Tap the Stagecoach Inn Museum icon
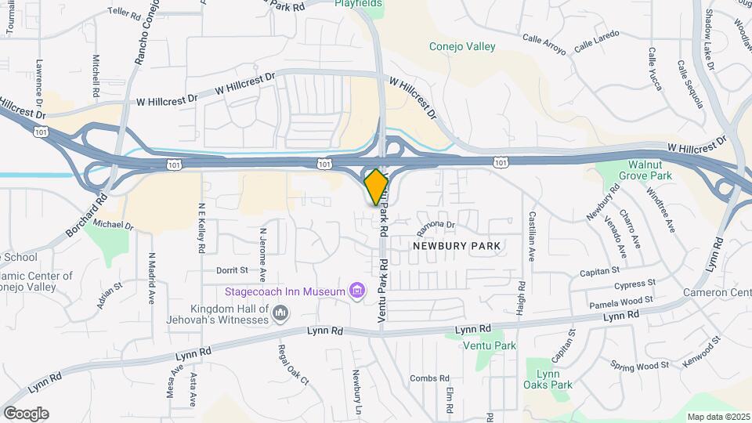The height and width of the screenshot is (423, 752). (357, 291)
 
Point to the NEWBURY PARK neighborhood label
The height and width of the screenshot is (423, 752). (457, 245)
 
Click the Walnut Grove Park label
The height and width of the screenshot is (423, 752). (650, 171)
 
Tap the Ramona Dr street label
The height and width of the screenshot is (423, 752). (436, 226)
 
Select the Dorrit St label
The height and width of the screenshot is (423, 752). (233, 269)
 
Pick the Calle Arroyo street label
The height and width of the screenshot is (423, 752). (544, 44)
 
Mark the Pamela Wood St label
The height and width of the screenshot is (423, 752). (620, 301)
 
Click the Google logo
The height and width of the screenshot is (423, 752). (26, 413)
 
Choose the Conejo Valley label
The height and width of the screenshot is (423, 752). (462, 46)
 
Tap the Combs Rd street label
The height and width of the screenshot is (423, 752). (428, 378)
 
